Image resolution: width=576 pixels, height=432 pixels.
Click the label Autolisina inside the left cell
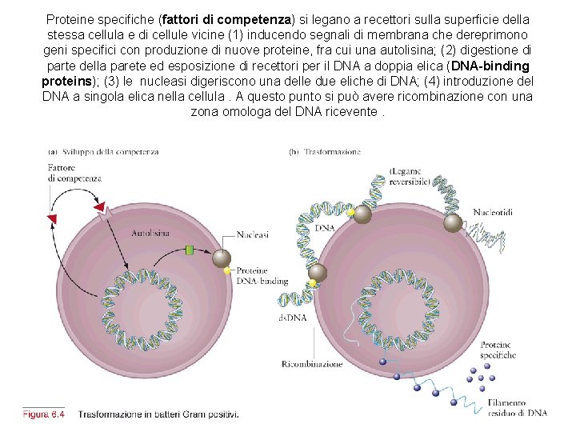pyautogui.click(x=151, y=233)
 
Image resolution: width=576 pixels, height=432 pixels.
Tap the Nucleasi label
pyautogui.click(x=252, y=235)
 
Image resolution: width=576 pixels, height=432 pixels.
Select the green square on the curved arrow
pyautogui.click(x=190, y=250)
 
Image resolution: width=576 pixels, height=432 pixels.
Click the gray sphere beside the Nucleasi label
pyautogui.click(x=221, y=258)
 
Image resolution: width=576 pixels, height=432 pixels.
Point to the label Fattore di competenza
pyautogui.click(x=74, y=173)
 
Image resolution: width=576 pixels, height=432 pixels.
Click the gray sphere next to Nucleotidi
pyautogui.click(x=453, y=222)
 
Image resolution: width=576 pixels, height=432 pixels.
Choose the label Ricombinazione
pyautogui.click(x=312, y=364)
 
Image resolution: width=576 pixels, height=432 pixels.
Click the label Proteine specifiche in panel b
pyautogui.click(x=498, y=350)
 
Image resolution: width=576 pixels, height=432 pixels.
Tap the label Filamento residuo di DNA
pyautogui.click(x=517, y=408)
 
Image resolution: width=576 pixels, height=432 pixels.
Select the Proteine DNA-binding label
pyautogui.click(x=262, y=275)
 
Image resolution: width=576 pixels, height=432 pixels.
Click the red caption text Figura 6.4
pyautogui.click(x=44, y=414)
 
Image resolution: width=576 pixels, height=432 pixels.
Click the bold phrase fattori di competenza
pyautogui.click(x=226, y=18)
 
